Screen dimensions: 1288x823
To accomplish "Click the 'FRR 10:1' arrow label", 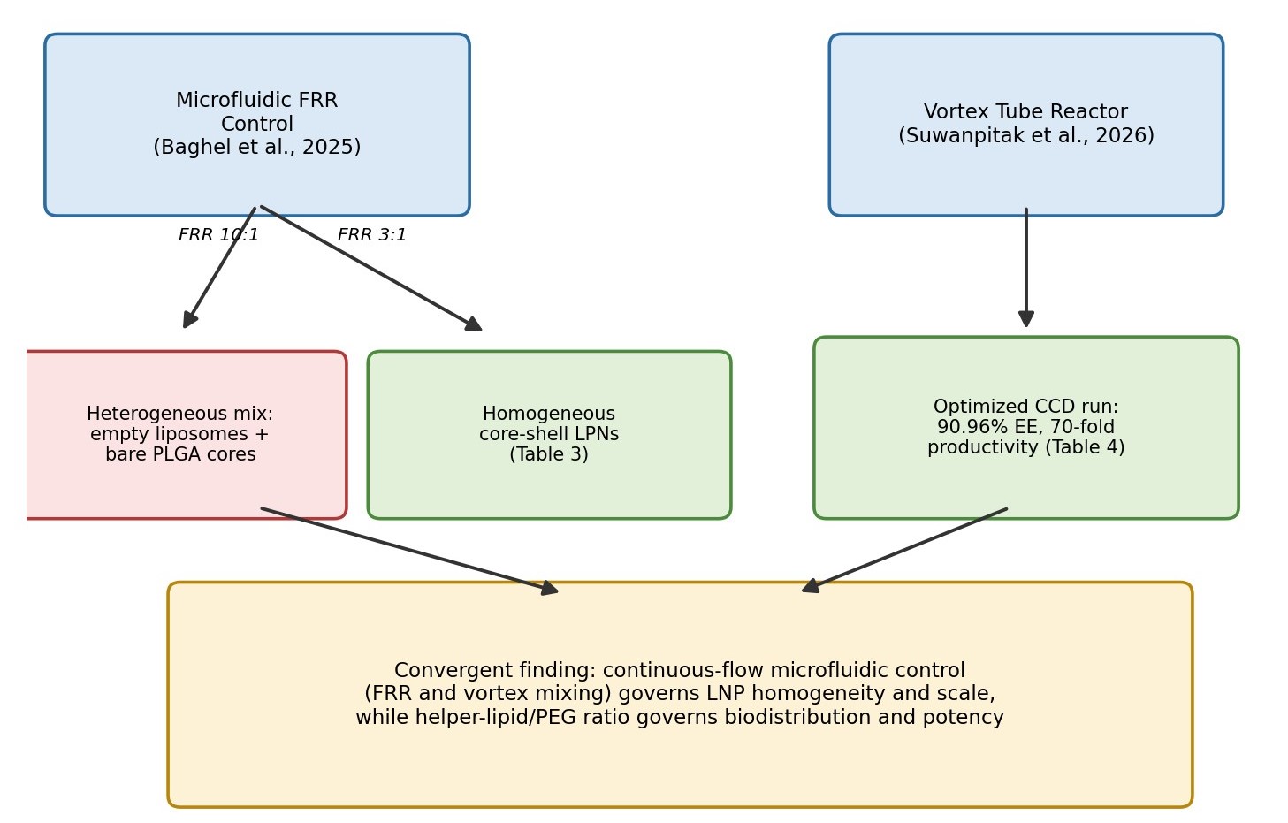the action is [218, 234].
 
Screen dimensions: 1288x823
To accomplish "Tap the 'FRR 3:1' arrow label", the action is [371, 234].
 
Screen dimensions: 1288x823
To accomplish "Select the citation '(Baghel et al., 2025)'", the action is [257, 148].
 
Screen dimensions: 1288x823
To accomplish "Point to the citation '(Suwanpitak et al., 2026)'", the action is [1026, 136].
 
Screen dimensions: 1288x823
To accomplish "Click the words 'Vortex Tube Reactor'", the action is [1025, 111].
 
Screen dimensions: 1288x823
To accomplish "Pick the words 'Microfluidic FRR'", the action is [257, 100].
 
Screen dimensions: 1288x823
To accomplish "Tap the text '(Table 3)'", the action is [549, 454].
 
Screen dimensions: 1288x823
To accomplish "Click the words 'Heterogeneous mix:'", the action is [180, 414].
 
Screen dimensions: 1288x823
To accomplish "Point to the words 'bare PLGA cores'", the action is [180, 454].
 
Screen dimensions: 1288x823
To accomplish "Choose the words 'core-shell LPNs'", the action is [549, 434].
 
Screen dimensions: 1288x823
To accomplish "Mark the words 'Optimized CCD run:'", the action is [1025, 407].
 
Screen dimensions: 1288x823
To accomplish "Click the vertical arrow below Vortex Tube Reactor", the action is [1026, 268].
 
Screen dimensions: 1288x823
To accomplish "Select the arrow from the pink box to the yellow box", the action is [410, 551].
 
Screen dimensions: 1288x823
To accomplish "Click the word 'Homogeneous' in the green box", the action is [549, 414].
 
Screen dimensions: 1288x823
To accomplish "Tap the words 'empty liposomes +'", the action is [180, 434].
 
